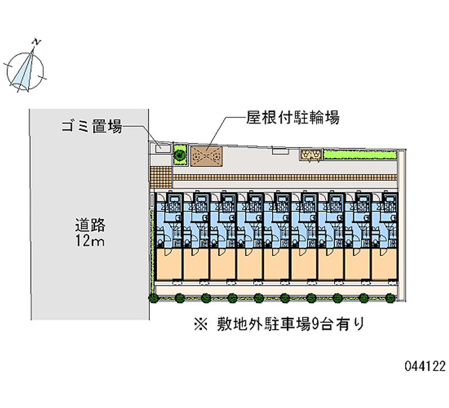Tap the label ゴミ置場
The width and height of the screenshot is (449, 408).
(x=92, y=127)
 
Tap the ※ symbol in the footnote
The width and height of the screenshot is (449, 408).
(x=199, y=324)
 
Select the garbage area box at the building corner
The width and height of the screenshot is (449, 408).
(x=162, y=148)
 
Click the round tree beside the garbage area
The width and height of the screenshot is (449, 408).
(x=180, y=153)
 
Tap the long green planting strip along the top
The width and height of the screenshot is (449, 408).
(x=359, y=154)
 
